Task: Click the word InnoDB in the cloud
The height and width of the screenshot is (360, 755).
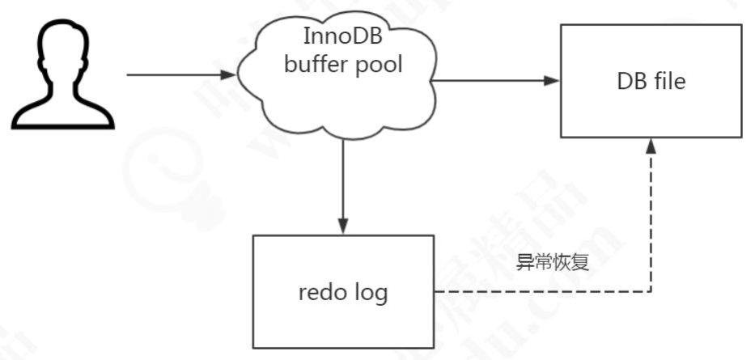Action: tap(341, 36)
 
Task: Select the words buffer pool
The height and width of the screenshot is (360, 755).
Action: tap(342, 65)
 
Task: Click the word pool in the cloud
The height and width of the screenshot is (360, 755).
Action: tap(380, 65)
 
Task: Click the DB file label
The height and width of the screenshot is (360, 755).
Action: tap(651, 81)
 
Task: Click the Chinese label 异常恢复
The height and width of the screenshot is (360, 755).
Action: tap(550, 264)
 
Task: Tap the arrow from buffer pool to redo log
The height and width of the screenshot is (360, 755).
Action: tap(343, 182)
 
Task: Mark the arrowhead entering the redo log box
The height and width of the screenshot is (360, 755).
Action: tap(343, 226)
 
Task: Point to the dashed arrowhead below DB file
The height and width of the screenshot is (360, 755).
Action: tap(651, 146)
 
